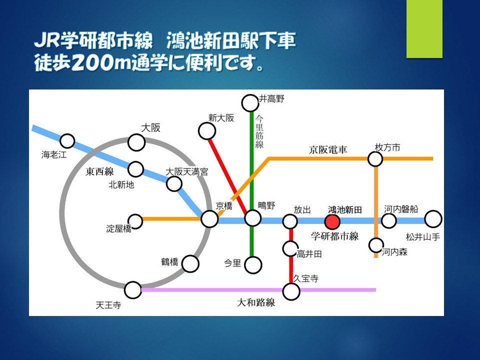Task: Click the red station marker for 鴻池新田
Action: coord(332,222)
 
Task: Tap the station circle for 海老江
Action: coord(67,141)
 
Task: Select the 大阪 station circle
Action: coord(136,142)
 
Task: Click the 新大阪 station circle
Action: coord(207,131)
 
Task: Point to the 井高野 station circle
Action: coord(250,103)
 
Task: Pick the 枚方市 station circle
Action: coord(375,159)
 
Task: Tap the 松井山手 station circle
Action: coord(433,219)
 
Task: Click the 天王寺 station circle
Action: coord(133,290)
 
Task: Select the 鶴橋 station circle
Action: coord(190,264)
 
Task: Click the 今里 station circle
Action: coord(253,265)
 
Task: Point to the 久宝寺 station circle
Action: coord(291,291)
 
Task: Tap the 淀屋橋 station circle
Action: coord(135,221)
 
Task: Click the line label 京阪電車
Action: coord(328,149)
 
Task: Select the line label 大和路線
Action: coord(256,303)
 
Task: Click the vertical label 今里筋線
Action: coord(259,131)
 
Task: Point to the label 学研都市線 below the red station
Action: coord(335,236)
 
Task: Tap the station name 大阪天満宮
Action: coord(186,171)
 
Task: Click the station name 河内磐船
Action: coord(401,209)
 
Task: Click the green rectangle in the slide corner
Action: coord(424,29)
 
